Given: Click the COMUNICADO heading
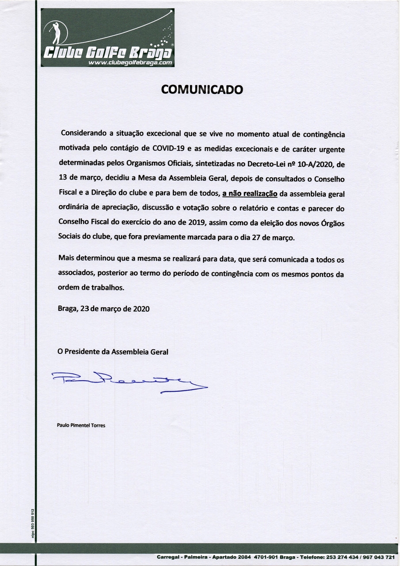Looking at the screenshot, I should point(202,89).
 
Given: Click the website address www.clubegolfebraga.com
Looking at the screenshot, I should point(130,63).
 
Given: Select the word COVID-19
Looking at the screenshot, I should point(168,148).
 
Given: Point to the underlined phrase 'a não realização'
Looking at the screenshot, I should point(250,193).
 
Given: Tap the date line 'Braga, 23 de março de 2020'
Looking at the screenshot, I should point(103,309).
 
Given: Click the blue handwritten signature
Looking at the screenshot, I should point(128,380).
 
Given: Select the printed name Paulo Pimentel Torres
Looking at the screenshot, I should point(81,425).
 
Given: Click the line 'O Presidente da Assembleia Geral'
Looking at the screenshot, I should point(113,352).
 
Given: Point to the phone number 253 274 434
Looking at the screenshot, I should point(343,557).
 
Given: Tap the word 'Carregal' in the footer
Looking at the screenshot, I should point(168,557).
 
